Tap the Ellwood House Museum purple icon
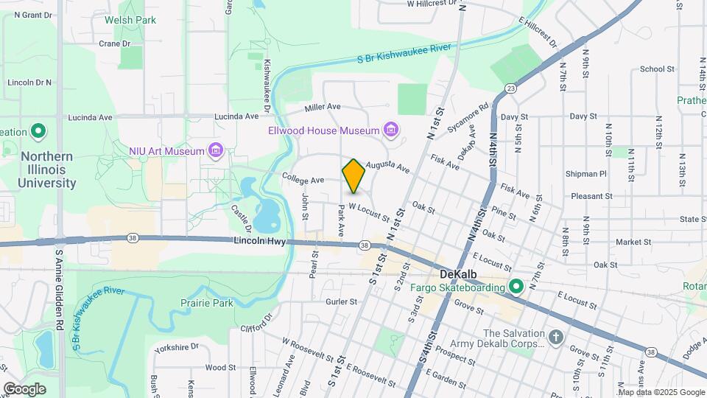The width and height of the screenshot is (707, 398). pos(391,131)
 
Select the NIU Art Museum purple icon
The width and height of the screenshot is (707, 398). pos(216,151)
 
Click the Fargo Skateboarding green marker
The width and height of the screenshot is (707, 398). pos(516,287)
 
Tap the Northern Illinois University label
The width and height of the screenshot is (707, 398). pos(48,170)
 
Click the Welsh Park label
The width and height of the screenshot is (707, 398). pos(130,21)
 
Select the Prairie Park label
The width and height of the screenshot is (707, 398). pos(207,303)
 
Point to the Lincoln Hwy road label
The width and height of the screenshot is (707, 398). pos(258,241)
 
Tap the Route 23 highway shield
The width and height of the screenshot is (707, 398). pos(510,88)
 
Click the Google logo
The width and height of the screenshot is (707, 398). pos(24,388)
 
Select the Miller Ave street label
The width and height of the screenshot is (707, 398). pos(323,108)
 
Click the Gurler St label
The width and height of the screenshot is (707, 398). pos(342,301)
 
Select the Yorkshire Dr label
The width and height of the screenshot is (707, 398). pos(175,346)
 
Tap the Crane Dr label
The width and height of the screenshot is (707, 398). pos(114,43)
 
